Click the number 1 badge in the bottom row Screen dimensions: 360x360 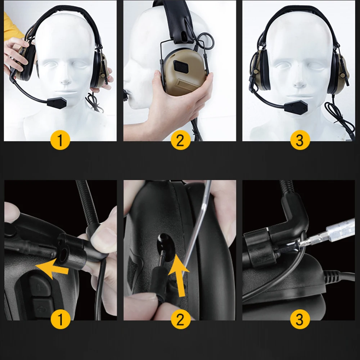[60, 319]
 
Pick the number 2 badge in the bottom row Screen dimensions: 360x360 [180, 319]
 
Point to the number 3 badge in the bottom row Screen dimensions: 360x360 [300, 319]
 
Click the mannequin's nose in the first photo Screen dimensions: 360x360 [66, 79]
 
